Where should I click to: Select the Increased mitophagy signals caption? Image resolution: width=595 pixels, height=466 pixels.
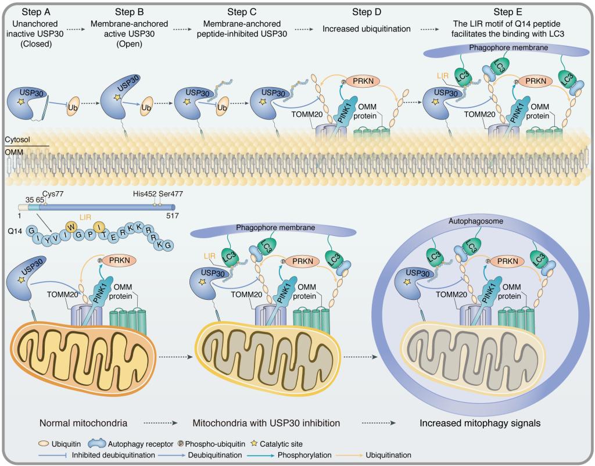pyautogui.click(x=480, y=423)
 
